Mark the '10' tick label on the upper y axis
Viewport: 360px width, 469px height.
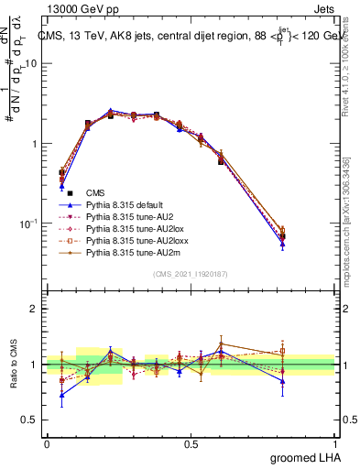click(31, 64)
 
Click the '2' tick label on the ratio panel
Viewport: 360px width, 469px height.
click(35, 309)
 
